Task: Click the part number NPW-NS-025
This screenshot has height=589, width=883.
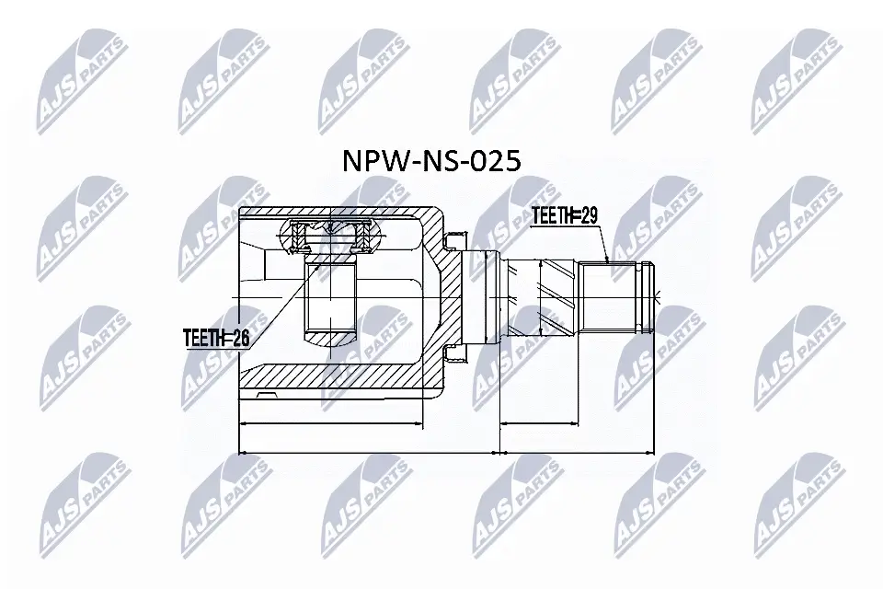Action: [431, 161]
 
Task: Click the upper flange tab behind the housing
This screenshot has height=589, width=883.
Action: [451, 243]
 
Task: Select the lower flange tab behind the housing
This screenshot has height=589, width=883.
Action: [451, 351]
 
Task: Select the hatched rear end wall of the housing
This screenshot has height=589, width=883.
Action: [440, 294]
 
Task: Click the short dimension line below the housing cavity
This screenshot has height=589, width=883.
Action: [331, 425]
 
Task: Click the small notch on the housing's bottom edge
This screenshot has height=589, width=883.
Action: [266, 397]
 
